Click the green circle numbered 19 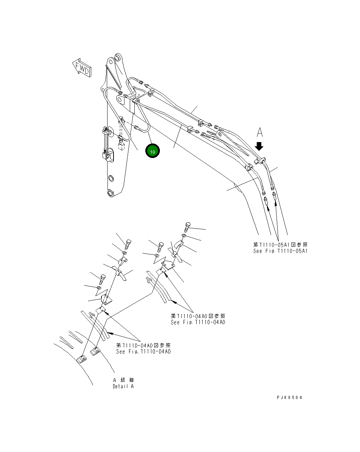(x=152, y=151)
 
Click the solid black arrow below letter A (x=259, y=146)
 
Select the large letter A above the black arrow (x=260, y=133)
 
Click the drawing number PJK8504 (x=289, y=397)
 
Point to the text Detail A (x=123, y=386)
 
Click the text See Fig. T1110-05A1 (x=280, y=251)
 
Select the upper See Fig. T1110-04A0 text (x=198, y=322)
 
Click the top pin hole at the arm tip (x=118, y=57)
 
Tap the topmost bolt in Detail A (x=188, y=226)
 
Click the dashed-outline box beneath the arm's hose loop (x=121, y=146)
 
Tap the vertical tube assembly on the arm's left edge (x=106, y=143)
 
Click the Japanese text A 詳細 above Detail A (x=123, y=380)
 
